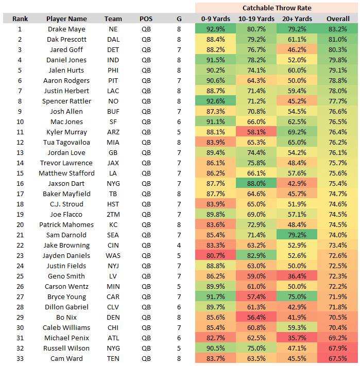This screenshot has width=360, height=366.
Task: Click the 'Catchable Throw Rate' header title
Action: point(277,8)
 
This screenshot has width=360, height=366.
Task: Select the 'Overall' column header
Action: point(338,19)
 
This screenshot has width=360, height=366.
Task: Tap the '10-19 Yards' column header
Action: point(256,19)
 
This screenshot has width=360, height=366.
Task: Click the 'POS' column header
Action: point(146,19)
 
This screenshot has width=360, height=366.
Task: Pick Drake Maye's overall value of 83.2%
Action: point(338,29)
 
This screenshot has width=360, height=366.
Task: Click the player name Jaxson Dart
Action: point(66,184)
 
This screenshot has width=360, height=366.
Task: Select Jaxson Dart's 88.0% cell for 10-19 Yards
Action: point(256,184)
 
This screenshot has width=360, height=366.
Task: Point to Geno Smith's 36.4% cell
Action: point(297,276)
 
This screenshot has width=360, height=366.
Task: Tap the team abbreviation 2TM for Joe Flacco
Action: point(113,215)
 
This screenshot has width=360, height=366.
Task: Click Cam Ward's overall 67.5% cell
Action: point(338,359)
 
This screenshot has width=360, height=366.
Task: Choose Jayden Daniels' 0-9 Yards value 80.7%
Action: point(215,256)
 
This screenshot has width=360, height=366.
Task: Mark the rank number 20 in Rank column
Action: point(20,225)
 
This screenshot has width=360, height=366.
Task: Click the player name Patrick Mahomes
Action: point(66,225)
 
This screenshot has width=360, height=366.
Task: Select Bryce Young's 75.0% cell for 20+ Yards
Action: point(297,297)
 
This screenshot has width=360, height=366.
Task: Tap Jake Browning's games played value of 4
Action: point(179,246)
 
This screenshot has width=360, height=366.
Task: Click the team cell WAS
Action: point(113,256)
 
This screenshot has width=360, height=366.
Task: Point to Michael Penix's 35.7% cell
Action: point(297,338)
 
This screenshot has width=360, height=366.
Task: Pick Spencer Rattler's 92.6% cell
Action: point(215,101)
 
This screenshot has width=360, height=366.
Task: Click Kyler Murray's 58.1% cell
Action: point(256,132)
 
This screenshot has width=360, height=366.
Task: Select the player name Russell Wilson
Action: point(66,348)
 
